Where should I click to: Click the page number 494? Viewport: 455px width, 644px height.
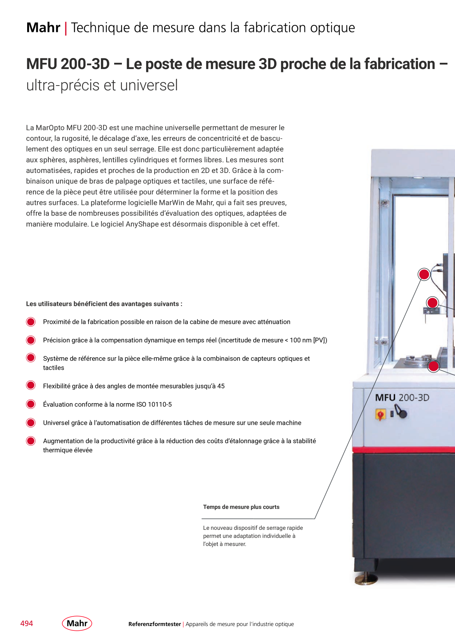click(27, 623)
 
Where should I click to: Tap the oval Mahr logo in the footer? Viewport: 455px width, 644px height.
click(77, 623)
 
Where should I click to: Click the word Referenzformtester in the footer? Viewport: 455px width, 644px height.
click(154, 624)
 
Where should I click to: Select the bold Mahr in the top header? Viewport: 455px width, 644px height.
click(43, 28)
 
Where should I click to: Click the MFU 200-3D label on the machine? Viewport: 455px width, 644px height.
click(402, 398)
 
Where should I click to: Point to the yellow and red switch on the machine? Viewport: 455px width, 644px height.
click(381, 415)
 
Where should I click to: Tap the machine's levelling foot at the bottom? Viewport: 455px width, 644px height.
click(366, 578)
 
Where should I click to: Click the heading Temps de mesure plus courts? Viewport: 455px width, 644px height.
click(241, 507)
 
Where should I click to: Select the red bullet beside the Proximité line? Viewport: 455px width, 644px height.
click(31, 322)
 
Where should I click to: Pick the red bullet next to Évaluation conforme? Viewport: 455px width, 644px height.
click(31, 404)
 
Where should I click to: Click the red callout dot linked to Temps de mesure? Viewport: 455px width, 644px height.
click(424, 274)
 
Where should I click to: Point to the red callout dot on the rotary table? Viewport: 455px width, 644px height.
click(434, 366)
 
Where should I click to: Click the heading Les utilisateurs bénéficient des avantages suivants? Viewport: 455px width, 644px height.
click(104, 304)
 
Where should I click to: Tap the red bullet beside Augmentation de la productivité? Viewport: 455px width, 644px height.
click(31, 441)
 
